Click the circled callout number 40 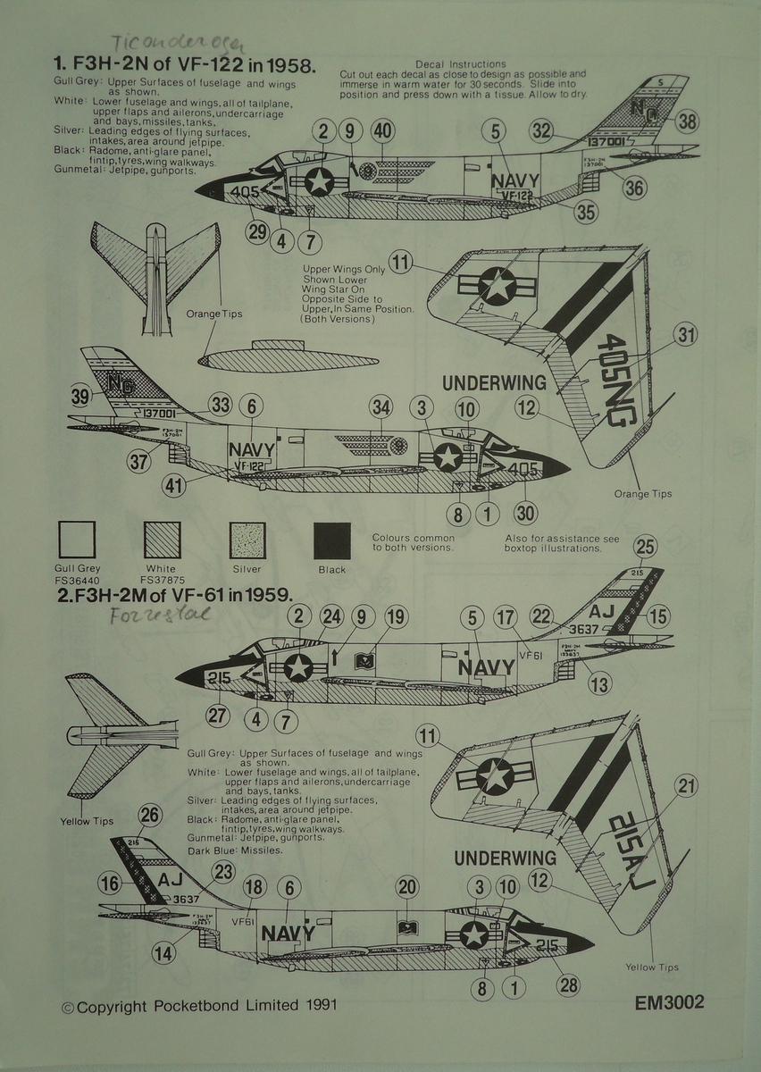coord(382,131)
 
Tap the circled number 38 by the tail coord(686,121)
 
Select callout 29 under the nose coord(258,232)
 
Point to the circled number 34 coord(381,408)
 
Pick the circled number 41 coord(174,486)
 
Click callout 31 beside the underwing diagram coord(685,335)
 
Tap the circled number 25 coord(646,547)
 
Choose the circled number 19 coord(395,616)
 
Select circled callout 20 coord(407,886)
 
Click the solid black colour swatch coord(331,540)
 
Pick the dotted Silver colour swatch coord(248,540)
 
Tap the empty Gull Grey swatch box coord(77,540)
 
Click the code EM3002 coord(669,1002)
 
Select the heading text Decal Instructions coord(460,64)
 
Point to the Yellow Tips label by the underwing coord(652,967)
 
